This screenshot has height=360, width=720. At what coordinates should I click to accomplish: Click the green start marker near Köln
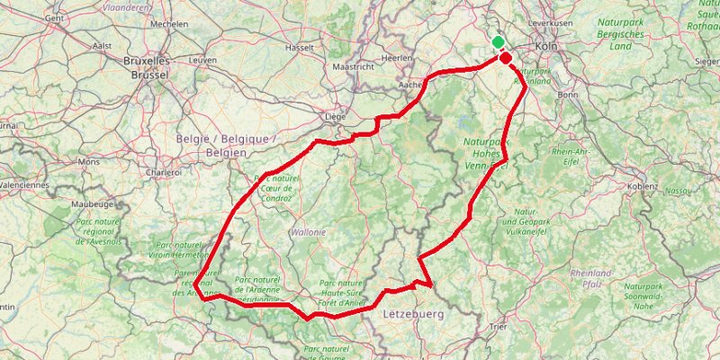(x=498, y=42)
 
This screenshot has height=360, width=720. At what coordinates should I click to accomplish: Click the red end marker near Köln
(x=506, y=58)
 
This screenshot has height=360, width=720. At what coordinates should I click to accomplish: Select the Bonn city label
(x=568, y=94)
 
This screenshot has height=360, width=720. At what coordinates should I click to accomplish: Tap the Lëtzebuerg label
(x=414, y=314)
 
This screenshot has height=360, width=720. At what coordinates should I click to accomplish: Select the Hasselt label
(x=298, y=47)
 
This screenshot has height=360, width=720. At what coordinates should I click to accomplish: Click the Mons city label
(x=89, y=162)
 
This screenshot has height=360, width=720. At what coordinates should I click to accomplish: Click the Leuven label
(x=202, y=59)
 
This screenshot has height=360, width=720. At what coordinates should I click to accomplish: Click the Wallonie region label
(x=307, y=231)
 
